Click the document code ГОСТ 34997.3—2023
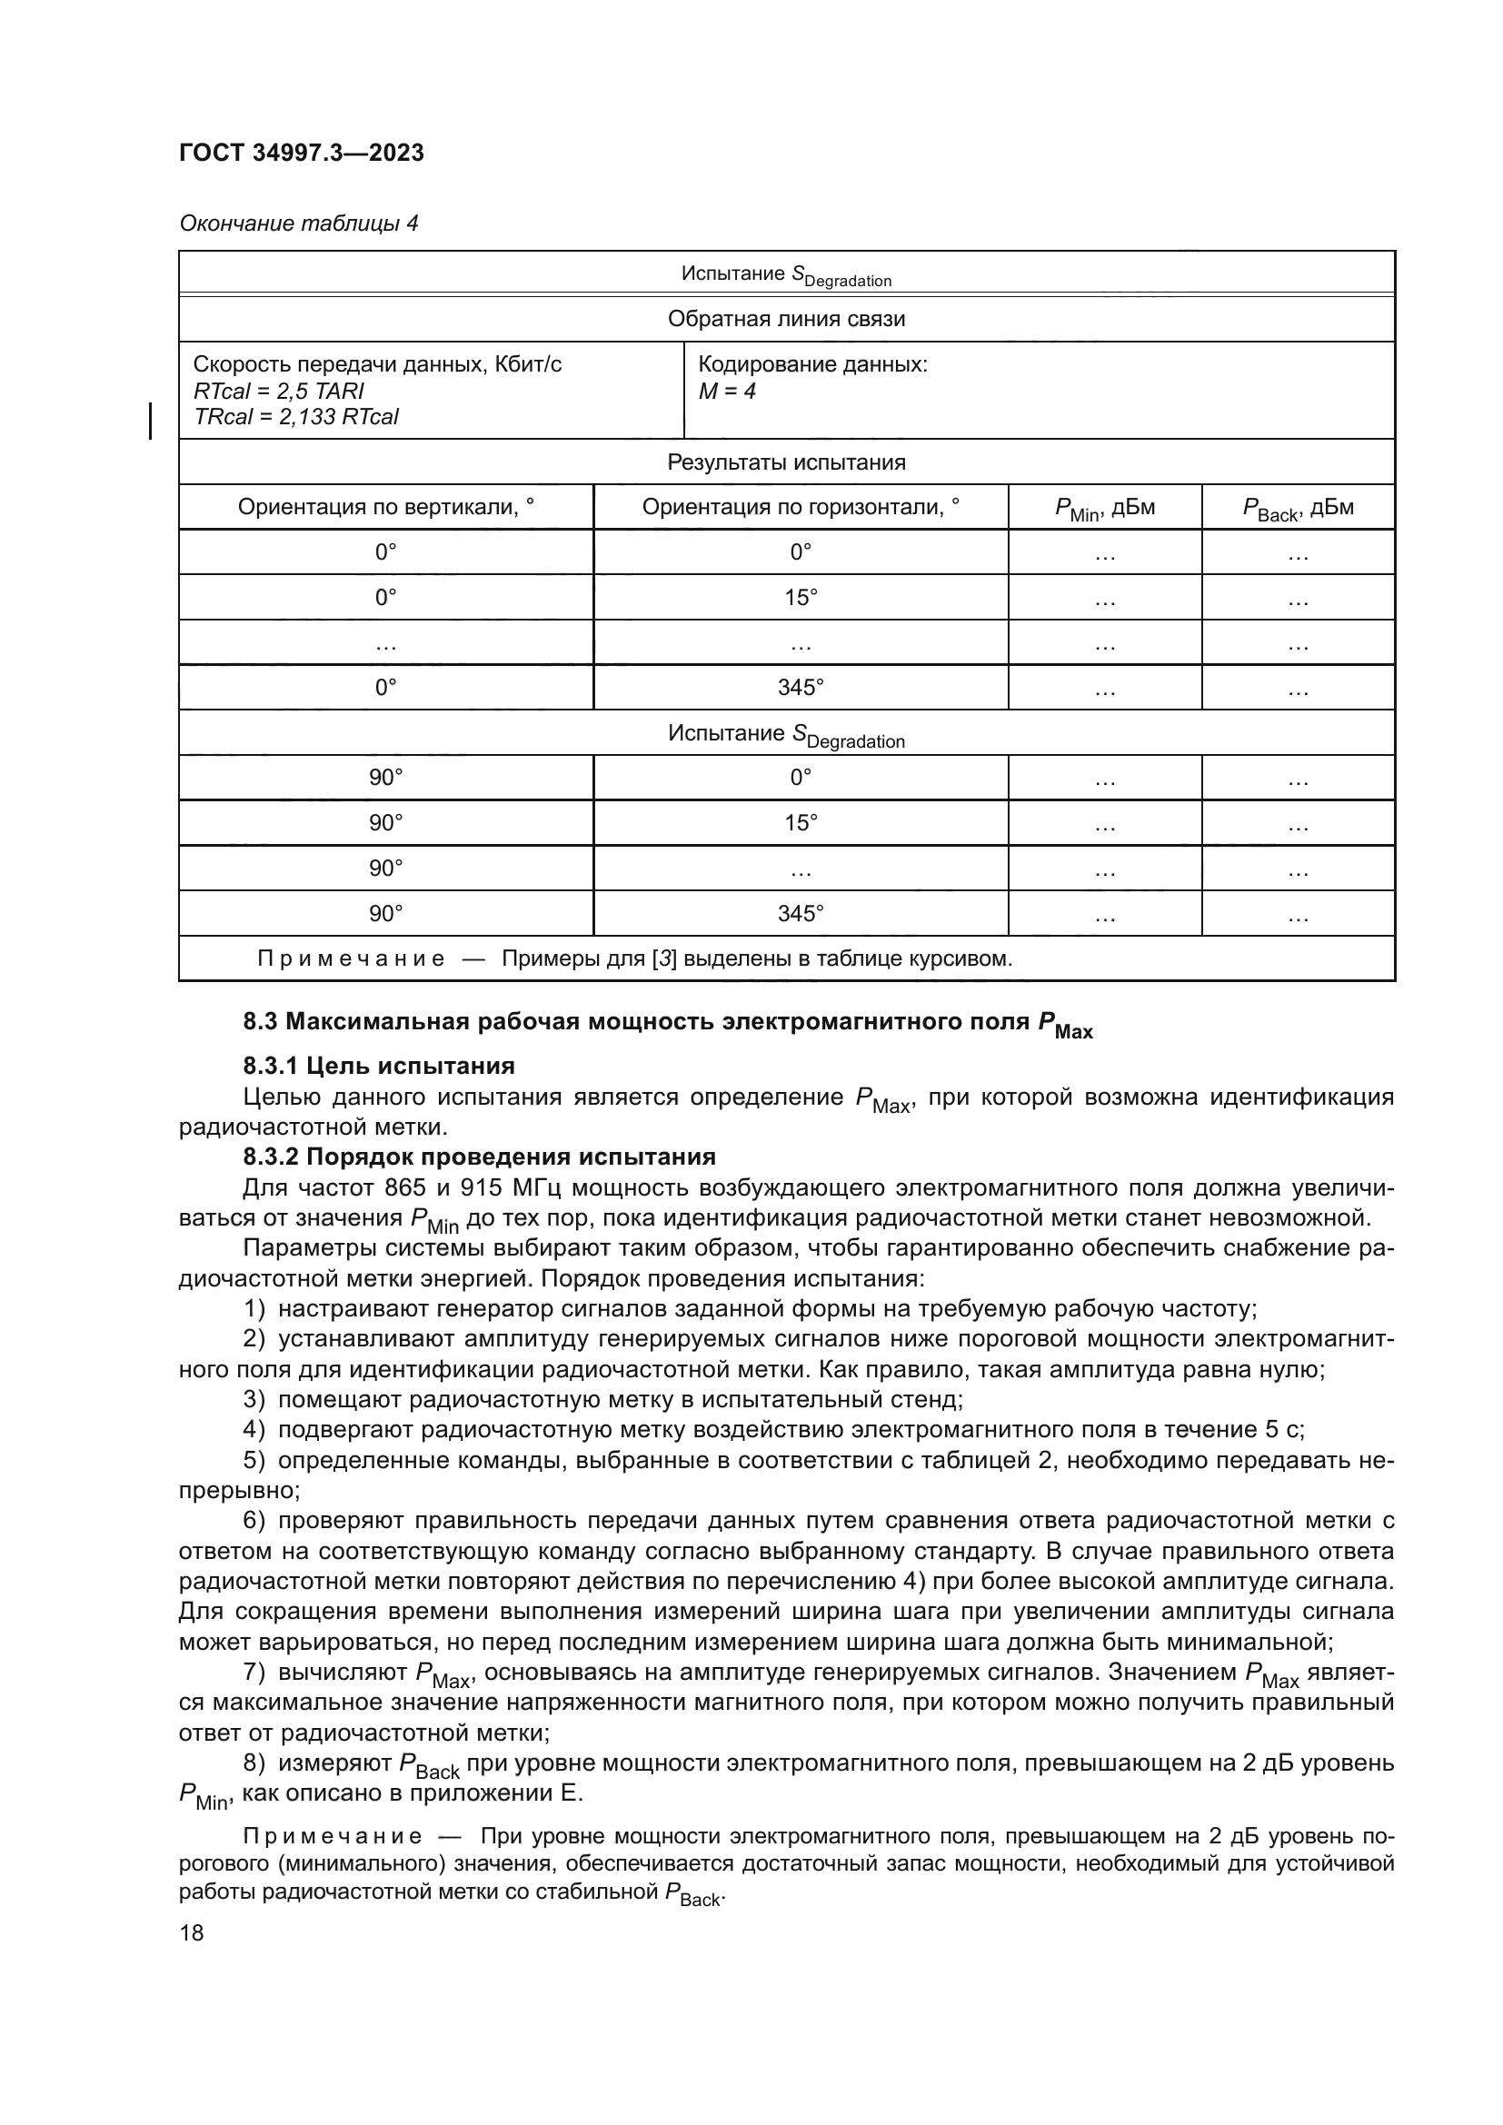301,153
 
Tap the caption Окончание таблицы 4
298,223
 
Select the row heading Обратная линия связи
786,319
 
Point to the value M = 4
727,391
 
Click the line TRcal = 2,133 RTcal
295,416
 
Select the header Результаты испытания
786,462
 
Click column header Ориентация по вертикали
385,507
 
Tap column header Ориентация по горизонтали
800,507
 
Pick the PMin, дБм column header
1104,508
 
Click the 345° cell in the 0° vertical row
800,688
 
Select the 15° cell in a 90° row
800,823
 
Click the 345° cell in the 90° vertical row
800,913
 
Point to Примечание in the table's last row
350,958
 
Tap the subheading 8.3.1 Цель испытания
379,1067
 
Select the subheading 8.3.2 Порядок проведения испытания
479,1157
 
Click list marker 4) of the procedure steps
254,1430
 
